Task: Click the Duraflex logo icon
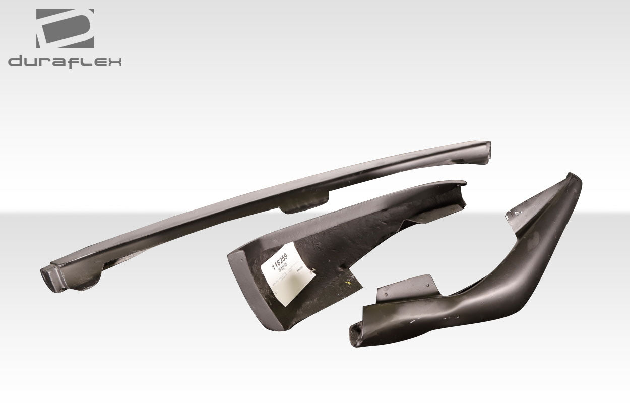tap(65, 28)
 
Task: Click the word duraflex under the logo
tap(65, 62)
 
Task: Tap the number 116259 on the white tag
tap(280, 261)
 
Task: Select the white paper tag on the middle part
tap(288, 274)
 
